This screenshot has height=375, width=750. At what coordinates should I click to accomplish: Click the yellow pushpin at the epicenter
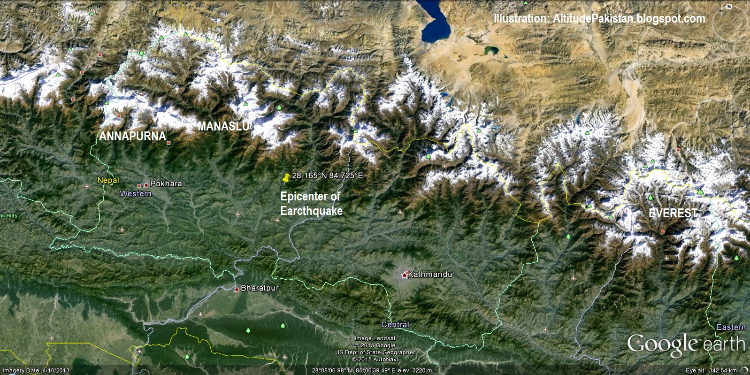coord(285,177)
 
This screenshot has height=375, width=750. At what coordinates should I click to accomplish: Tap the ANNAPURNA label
coord(133,137)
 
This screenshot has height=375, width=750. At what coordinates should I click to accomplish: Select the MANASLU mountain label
coord(223,126)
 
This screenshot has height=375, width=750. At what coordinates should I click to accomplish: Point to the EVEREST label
coord(673,213)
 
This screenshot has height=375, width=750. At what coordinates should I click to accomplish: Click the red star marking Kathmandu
coord(405,275)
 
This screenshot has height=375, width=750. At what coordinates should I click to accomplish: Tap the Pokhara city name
coord(166,184)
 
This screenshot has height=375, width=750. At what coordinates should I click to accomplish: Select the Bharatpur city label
coord(260,288)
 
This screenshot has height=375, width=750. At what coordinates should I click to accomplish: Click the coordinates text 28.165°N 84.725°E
coord(328,176)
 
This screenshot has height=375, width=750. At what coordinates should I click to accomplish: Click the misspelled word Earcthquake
coord(311,211)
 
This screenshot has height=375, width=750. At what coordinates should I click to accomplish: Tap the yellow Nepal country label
coord(108,181)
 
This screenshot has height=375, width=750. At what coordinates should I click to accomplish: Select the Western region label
coord(136,194)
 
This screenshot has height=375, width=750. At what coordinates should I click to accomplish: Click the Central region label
coord(395,325)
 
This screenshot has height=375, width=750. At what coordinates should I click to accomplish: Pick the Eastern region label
coord(731,327)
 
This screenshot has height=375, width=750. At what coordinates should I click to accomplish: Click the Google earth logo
coord(686,344)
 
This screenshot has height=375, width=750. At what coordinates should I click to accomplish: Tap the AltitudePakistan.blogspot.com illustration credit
coord(599,19)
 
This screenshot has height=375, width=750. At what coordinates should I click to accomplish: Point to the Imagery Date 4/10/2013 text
coord(36,371)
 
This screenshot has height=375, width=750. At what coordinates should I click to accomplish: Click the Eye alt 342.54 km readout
coord(711,371)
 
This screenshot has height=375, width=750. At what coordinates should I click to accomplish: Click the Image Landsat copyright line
coord(375,338)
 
